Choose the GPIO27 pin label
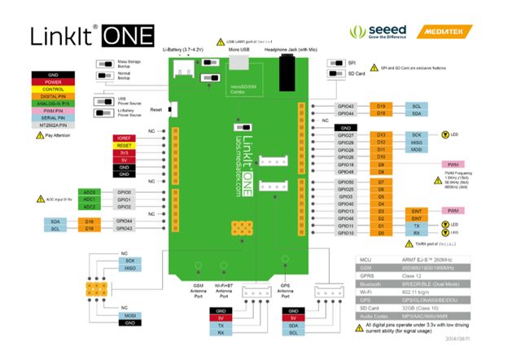(x=345, y=134)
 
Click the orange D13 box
(x=381, y=134)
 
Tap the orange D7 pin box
(x=381, y=181)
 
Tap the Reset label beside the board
(x=156, y=109)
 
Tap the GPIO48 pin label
(x=345, y=172)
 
